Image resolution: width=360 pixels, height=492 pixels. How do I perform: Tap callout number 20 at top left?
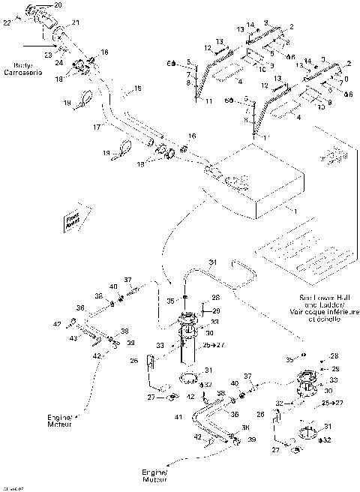click(58, 5)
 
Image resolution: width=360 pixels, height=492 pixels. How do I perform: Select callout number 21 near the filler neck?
click(75, 24)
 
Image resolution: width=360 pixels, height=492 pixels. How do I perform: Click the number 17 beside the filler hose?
click(96, 127)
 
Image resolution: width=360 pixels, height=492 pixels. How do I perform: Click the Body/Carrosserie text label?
click(22, 70)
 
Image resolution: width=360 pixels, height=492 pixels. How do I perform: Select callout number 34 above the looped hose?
click(212, 262)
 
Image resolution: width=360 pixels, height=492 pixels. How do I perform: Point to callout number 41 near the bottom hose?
click(178, 416)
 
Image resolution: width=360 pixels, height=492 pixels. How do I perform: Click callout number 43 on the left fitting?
click(74, 340)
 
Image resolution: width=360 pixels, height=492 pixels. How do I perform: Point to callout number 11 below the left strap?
click(208, 100)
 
